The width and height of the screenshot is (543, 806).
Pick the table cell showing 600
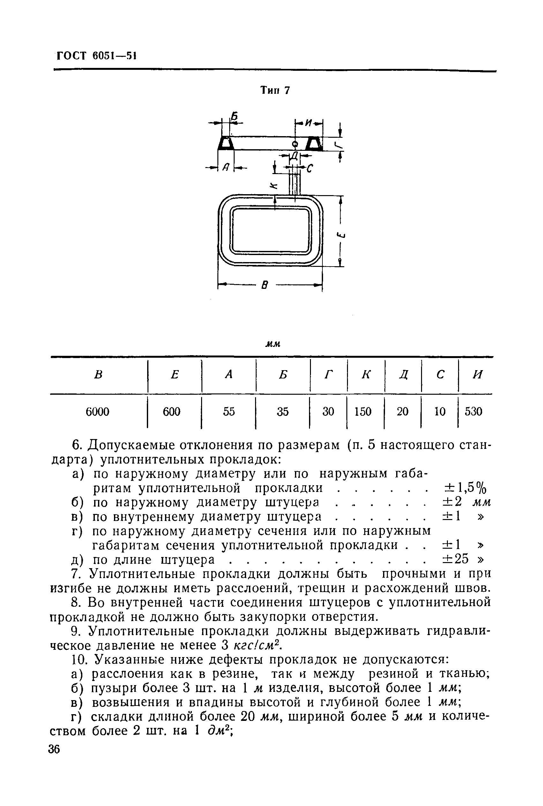click(x=172, y=412)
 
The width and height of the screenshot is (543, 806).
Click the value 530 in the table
click(x=473, y=412)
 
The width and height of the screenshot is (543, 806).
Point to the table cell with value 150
click(x=363, y=412)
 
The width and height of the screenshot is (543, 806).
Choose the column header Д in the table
click(x=403, y=375)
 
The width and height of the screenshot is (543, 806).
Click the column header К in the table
click(x=366, y=375)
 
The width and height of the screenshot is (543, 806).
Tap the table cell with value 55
click(x=229, y=412)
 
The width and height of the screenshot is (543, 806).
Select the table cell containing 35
click(x=283, y=412)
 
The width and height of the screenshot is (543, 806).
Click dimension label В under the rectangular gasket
click(x=265, y=285)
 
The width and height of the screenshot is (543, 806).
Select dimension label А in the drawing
click(x=226, y=168)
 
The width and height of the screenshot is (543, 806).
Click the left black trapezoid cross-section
click(x=225, y=143)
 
